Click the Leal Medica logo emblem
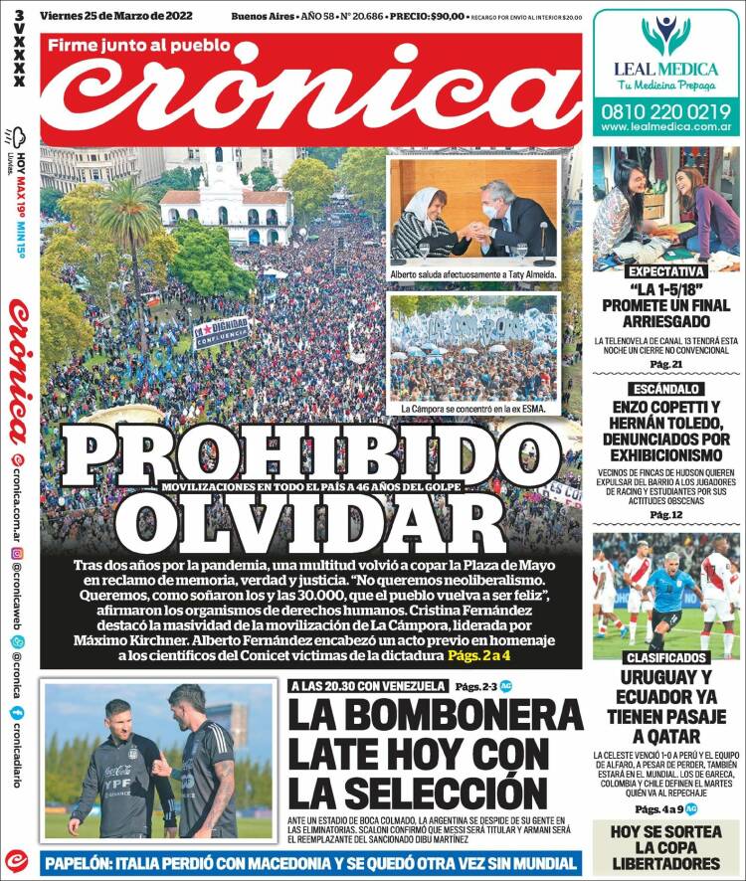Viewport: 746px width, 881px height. point(665,34)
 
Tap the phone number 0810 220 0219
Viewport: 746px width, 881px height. point(665,112)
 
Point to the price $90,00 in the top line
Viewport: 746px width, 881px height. point(441,15)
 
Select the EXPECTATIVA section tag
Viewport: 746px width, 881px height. point(665,271)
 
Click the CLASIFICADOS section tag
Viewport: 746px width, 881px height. point(665,658)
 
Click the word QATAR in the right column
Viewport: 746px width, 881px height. point(665,736)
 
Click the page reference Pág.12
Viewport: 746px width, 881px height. point(665,514)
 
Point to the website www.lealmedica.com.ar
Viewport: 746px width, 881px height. point(665,128)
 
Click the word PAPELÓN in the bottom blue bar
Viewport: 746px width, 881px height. point(93,862)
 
